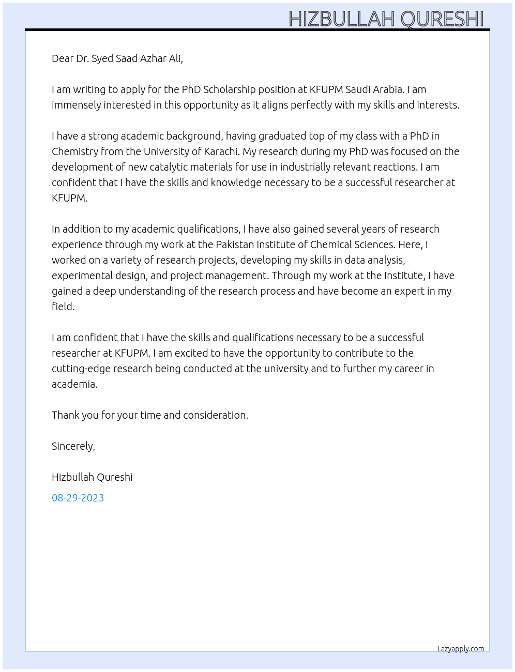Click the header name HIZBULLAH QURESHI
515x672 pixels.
386,19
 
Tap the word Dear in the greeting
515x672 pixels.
63,58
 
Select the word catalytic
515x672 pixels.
171,167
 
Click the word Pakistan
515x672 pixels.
235,245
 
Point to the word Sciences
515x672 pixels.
374,245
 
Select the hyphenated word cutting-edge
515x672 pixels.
82,369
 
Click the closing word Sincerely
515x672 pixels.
73,446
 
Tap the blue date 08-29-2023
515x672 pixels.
78,498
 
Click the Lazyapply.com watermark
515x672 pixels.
461,649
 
